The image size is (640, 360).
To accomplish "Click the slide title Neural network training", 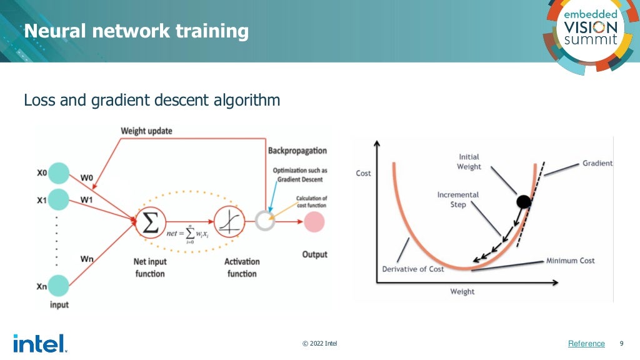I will click(136, 31).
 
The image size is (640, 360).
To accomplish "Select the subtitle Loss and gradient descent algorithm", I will click(151, 100).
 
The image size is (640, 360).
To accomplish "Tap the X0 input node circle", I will click(59, 173).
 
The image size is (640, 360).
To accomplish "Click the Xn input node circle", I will click(59, 286).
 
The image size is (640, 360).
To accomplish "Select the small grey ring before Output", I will click(265, 221).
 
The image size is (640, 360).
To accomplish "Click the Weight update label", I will click(146, 131).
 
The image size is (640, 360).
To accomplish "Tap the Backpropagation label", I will click(297, 151).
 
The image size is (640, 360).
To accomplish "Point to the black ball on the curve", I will click(524, 201).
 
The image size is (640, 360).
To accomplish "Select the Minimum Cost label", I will click(570, 261).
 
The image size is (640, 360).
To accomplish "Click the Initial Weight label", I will click(469, 162).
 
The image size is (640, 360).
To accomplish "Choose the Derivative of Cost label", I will click(413, 269).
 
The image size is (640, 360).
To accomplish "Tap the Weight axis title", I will click(462, 292).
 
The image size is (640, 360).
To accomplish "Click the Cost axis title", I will click(363, 173).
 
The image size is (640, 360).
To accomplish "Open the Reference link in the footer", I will click(586, 344).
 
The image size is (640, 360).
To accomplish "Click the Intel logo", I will click(39, 343).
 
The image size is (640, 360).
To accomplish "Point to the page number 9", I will click(621, 343).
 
